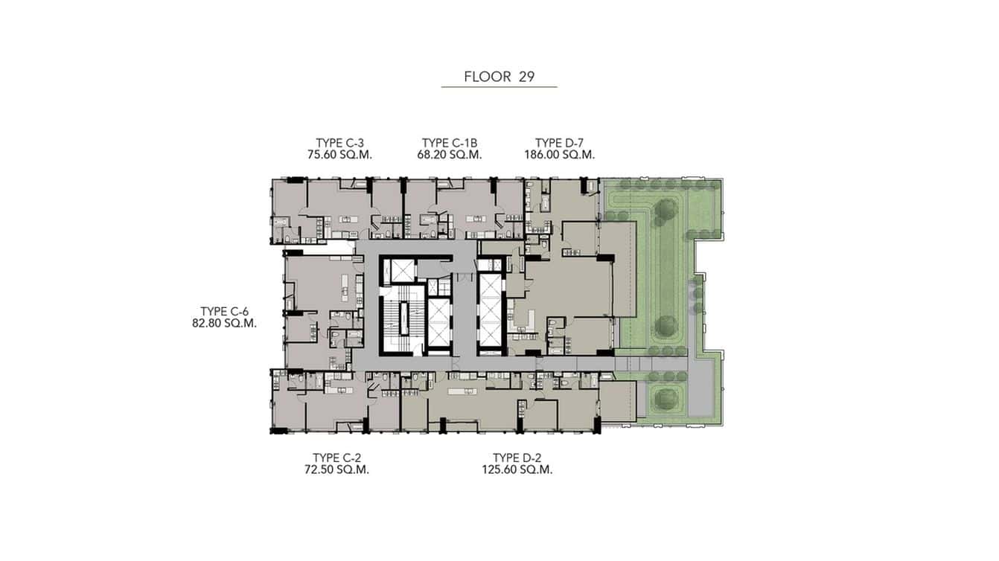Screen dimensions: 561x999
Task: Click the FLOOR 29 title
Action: pyautogui.click(x=499, y=77)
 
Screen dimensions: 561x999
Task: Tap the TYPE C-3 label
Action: pyautogui.click(x=339, y=143)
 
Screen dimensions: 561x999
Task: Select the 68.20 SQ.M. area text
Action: pyautogui.click(x=450, y=156)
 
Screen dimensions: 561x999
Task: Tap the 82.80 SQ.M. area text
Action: pyautogui.click(x=224, y=324)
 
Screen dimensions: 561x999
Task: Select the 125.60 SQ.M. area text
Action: pyautogui.click(x=522, y=470)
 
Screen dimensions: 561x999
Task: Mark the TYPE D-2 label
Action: pyautogui.click(x=522, y=458)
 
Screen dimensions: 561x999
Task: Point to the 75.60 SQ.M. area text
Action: pyautogui.click(x=339, y=156)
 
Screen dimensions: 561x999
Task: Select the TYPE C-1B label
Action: pyautogui.click(x=450, y=143)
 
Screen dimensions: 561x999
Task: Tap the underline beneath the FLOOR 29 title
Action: pyautogui.click(x=499, y=88)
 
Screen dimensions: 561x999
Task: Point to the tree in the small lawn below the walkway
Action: pyautogui.click(x=663, y=397)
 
